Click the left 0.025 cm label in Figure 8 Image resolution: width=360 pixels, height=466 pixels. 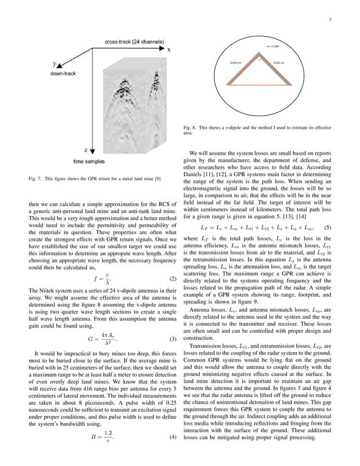pos(236,63)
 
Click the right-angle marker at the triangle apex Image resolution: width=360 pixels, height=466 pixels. pos(260,59)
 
